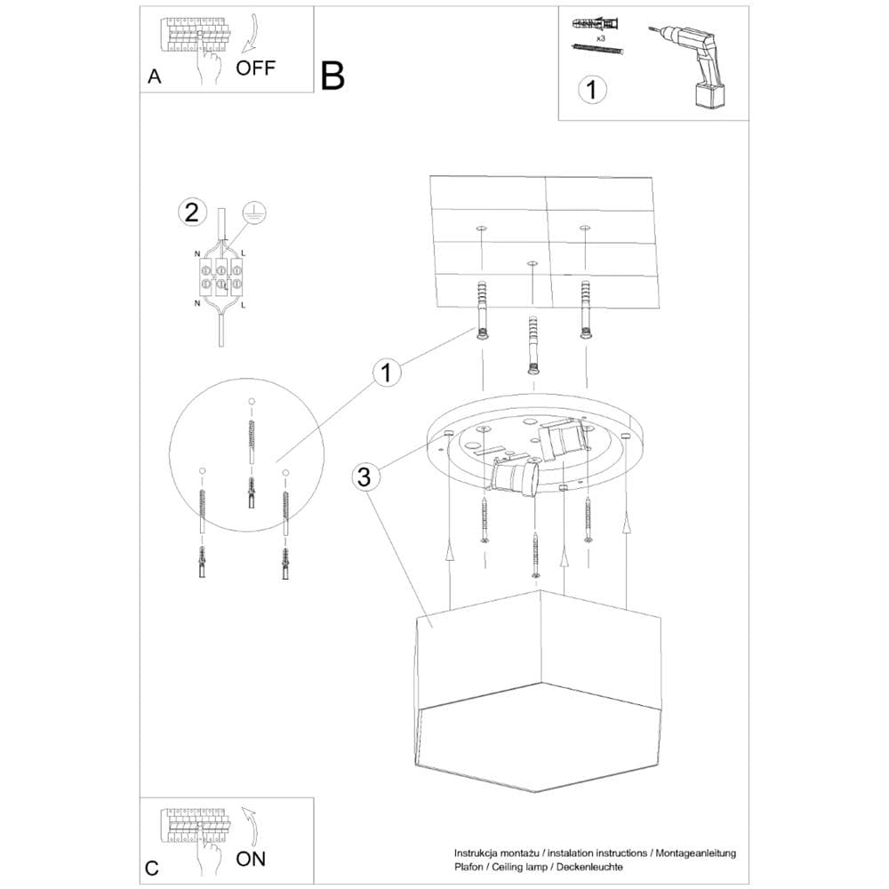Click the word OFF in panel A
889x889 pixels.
click(256, 68)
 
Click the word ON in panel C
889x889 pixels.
click(251, 859)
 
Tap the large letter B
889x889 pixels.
click(332, 76)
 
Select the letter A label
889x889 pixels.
click(155, 77)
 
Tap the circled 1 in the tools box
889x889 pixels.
click(592, 90)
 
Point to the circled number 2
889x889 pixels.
click(189, 212)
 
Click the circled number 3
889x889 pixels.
click(363, 477)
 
